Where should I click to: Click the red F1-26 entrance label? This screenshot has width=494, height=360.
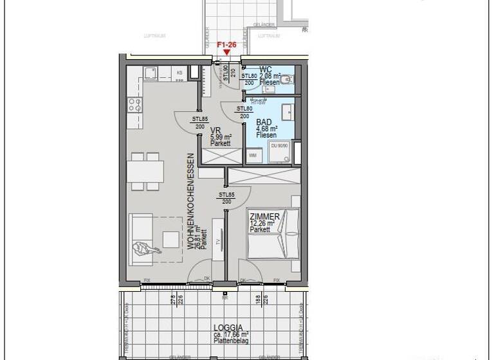[226, 45]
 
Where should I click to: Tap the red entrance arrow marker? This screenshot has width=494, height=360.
[226, 53]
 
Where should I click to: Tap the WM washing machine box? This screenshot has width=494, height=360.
[252, 155]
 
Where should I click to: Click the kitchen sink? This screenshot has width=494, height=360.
[149, 72]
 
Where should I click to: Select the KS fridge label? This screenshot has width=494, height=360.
[179, 73]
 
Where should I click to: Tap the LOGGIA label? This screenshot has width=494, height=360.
[224, 327]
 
